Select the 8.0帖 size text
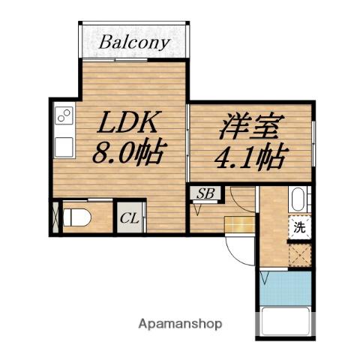click(x=127, y=154)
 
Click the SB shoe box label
click(x=205, y=194)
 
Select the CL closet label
click(x=128, y=219)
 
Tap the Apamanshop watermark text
click(x=181, y=324)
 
